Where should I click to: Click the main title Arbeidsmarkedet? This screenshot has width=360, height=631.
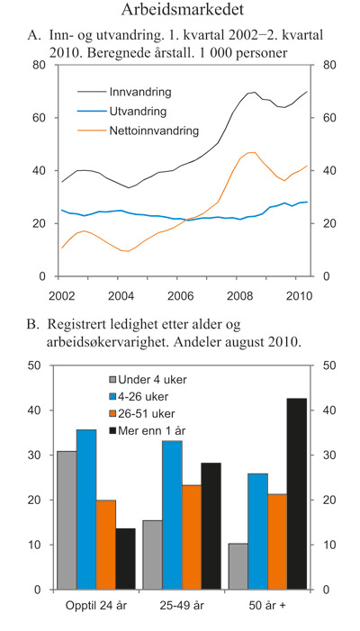(179, 12)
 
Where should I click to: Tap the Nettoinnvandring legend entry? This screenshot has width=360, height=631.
(152, 131)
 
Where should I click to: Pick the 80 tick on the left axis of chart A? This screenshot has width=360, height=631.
(40, 66)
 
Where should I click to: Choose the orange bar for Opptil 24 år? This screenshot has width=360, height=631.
(106, 545)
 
